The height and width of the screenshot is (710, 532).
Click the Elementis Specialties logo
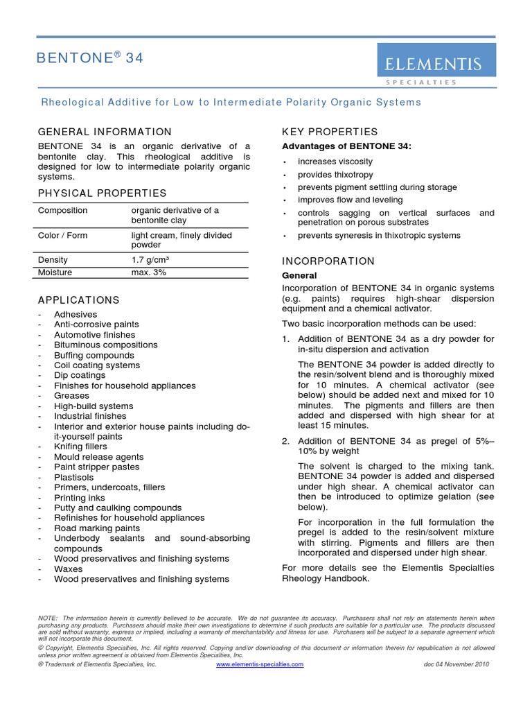[436, 65]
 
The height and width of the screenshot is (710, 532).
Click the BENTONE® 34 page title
[90, 59]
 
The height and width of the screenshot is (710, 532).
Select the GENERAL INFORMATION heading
[105, 132]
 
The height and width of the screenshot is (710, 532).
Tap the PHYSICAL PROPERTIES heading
[102, 193]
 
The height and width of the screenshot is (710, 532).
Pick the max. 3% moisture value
[149, 272]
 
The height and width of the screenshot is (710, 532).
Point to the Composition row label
[62, 211]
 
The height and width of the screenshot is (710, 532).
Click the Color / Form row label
[62, 236]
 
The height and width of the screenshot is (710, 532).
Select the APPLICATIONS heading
[78, 300]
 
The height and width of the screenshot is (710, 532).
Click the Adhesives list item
[75, 314]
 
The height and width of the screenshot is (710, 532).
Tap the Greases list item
[71, 396]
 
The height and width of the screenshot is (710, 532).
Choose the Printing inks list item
[80, 498]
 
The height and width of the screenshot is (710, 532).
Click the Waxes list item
[69, 569]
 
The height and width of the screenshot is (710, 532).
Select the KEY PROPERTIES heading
[330, 132]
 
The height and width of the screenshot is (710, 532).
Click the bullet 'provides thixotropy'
[335, 175]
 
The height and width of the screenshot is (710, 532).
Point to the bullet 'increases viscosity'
[335, 162]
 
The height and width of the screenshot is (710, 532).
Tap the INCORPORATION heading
[328, 261]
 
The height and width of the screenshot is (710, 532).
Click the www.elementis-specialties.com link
[260, 664]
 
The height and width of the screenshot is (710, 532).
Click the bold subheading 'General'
[299, 275]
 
